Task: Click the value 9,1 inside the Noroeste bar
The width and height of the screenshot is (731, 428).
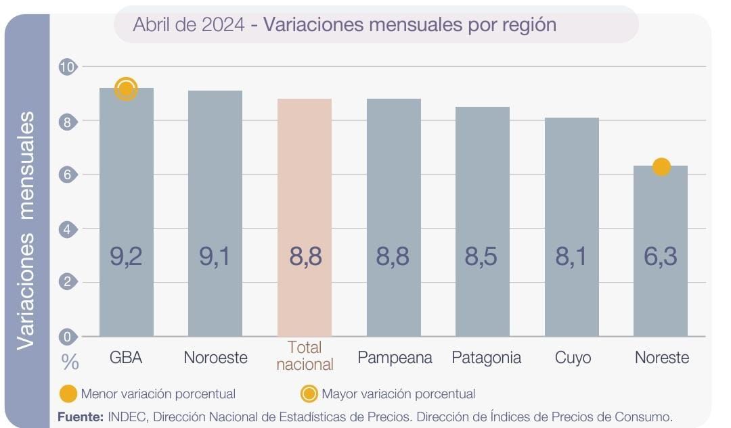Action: pos(215,257)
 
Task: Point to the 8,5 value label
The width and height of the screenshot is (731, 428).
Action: pos(482,257)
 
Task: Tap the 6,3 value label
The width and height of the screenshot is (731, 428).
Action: pos(661,257)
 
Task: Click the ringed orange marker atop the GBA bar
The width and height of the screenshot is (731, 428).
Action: pos(127,89)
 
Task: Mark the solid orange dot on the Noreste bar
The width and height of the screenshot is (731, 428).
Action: pos(661,166)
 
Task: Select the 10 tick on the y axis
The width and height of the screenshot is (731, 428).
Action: pos(68,67)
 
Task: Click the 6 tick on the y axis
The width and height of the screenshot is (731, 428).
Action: pos(68,174)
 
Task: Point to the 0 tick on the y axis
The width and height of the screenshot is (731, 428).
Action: pos(68,336)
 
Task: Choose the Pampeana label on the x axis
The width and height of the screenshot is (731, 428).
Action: pos(395,358)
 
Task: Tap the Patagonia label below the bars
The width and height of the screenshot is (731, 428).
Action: pos(486,358)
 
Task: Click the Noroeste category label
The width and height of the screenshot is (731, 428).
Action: pos(216,358)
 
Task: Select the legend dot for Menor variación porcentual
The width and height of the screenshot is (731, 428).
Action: pos(68,394)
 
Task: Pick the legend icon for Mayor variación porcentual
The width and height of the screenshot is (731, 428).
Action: pos(309,394)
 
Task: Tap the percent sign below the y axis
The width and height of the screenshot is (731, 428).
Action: pos(70,362)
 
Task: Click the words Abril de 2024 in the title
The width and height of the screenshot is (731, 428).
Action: pos(190,25)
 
